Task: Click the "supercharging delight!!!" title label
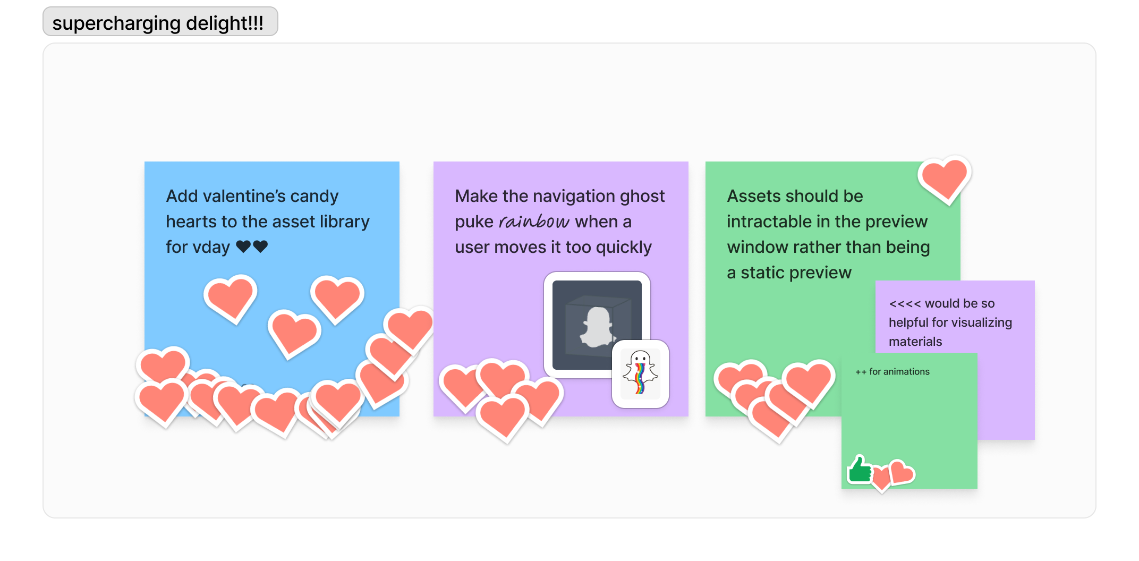point(158,23)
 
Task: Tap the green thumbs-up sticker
point(858,470)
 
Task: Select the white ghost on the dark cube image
point(598,327)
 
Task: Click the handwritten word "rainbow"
point(534,222)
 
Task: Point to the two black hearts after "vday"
point(252,246)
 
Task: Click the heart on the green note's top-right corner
point(944,179)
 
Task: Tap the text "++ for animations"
point(892,372)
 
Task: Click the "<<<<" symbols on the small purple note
point(905,303)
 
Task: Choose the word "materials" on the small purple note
point(915,342)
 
